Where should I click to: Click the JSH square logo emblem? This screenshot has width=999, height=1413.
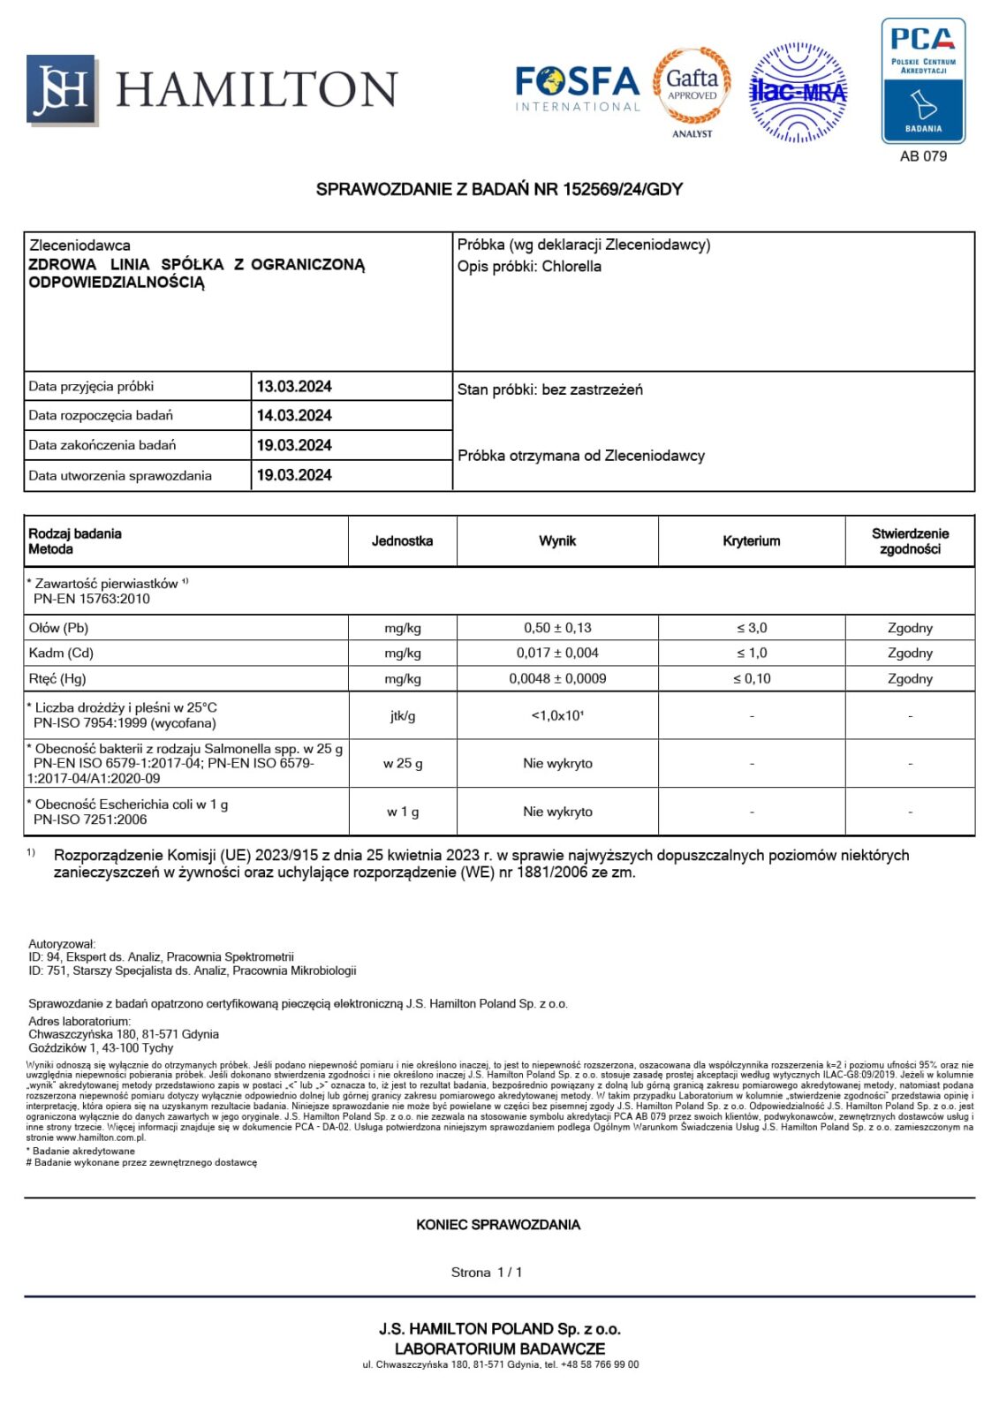point(60,89)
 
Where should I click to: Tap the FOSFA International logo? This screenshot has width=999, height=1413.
point(577,88)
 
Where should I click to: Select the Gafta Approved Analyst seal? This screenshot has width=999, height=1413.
point(692,88)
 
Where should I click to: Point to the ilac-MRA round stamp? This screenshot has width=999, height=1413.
point(798,92)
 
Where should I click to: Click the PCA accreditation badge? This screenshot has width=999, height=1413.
point(923,81)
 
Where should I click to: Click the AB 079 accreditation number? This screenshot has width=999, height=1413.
point(923,156)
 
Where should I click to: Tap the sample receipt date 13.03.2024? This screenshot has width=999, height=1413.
point(294,387)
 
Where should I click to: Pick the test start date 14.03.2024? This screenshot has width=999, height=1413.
point(294,416)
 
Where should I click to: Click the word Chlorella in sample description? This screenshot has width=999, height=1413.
point(571,267)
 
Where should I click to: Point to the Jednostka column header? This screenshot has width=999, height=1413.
point(402,541)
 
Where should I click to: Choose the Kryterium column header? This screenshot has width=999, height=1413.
point(751,541)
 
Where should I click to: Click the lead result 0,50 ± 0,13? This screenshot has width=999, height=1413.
point(557,628)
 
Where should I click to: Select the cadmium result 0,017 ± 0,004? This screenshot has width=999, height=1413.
point(557,654)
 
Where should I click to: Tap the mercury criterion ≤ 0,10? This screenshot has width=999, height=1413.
point(751,679)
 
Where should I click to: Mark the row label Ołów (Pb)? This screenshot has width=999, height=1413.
point(59,628)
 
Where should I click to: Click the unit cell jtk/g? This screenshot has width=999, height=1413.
point(402,715)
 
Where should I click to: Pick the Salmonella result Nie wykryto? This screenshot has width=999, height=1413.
point(557,763)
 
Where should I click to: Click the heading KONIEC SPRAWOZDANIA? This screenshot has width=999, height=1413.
point(498,1225)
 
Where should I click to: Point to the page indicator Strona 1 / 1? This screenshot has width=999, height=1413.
point(487,1273)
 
